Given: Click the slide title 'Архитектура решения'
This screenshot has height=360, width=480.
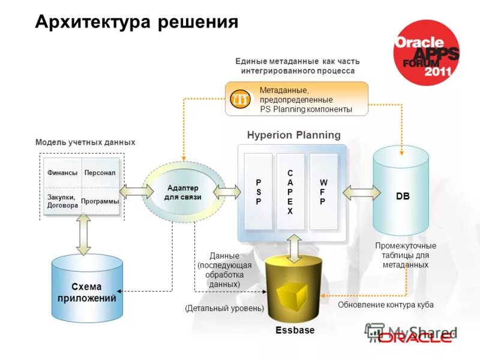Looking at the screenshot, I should click(137, 22).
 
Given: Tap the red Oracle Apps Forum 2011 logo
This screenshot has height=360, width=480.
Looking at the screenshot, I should click(427, 52).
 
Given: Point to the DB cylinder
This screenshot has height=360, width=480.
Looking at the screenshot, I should click(402, 192).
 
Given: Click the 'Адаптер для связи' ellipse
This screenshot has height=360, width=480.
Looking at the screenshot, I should click(183, 192).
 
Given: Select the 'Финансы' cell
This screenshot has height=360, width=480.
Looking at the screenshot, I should click(62, 173).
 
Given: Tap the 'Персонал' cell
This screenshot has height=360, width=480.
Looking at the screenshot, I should click(100, 173).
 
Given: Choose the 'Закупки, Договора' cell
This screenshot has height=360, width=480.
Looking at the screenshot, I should click(62, 202).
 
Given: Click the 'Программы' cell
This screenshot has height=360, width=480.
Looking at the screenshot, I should click(100, 202).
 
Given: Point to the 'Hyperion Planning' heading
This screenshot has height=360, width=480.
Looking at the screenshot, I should click(293, 136).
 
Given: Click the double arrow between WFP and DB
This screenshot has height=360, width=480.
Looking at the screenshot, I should click(361, 192).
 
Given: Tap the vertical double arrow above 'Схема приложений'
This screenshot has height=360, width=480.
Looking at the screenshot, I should click(83, 233).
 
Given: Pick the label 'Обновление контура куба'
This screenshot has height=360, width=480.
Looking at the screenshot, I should click(385, 305).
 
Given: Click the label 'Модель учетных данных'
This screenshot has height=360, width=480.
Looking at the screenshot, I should click(85, 142).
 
